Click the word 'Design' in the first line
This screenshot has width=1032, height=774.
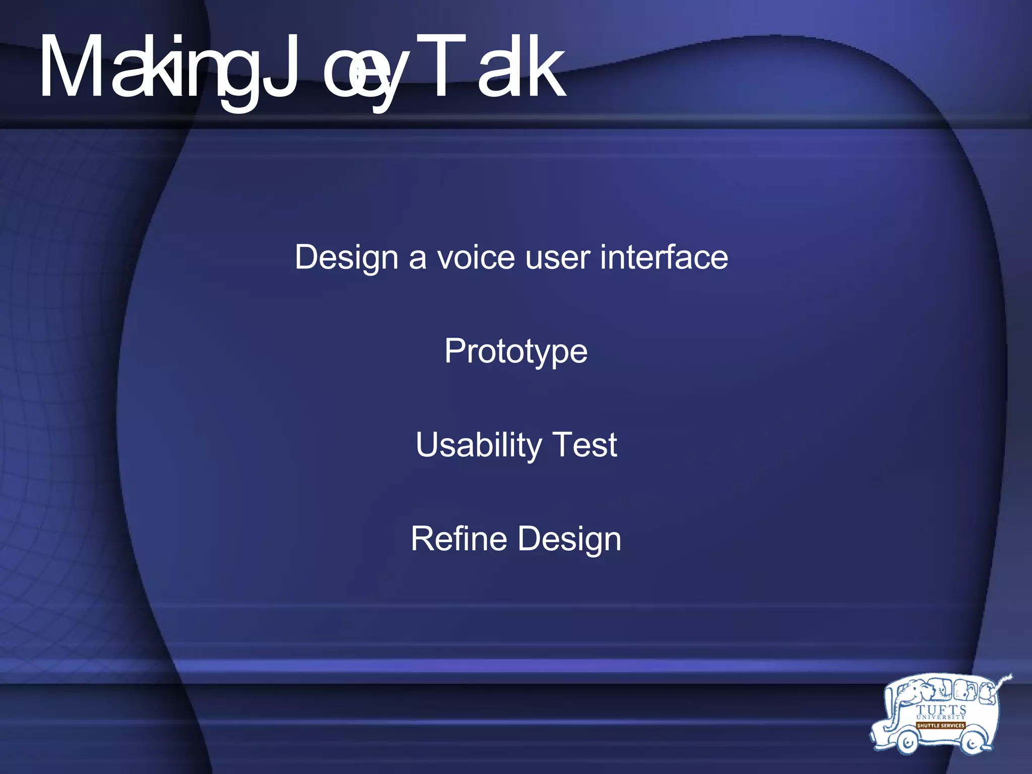pos(347,258)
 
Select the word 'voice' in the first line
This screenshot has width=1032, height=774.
pos(476,258)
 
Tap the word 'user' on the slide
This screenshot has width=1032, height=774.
pos(557,258)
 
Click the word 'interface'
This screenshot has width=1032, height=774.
pos(664,257)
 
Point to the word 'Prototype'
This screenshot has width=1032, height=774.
pos(516,352)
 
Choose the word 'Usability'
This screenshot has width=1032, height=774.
pos(478,445)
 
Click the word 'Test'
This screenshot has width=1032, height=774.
pos(585,445)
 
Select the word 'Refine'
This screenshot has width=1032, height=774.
pos(459,539)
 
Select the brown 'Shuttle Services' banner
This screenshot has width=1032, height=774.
pos(940,726)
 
